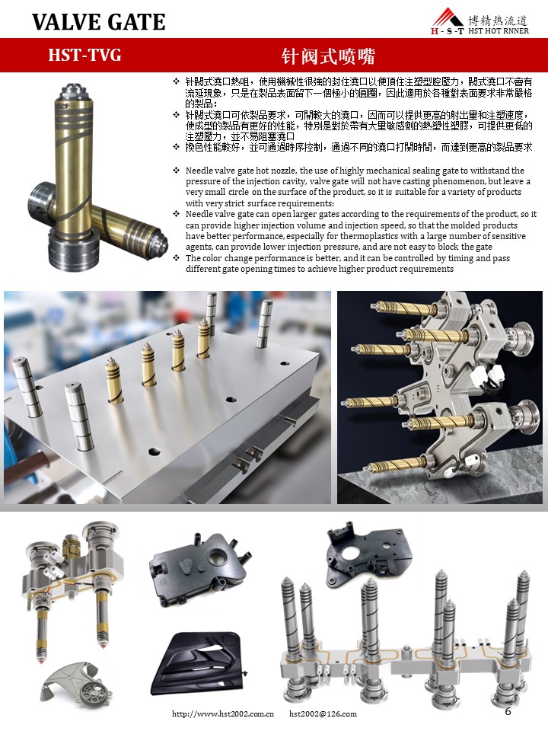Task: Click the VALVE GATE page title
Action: (x=99, y=22)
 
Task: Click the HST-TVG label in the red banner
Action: (x=84, y=55)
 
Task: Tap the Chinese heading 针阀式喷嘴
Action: (x=328, y=56)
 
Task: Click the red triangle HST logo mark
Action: (x=447, y=18)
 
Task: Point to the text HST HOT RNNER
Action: (x=498, y=30)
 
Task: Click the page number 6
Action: (x=508, y=711)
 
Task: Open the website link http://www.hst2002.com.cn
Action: (x=223, y=713)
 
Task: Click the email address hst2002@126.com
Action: (x=323, y=713)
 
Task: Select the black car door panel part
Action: (x=198, y=663)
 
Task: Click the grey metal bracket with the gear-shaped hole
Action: (x=77, y=688)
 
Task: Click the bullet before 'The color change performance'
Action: (x=176, y=258)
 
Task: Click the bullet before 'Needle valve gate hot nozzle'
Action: (x=176, y=170)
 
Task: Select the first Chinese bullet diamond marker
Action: (x=176, y=81)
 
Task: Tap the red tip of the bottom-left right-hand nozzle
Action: (x=101, y=645)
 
